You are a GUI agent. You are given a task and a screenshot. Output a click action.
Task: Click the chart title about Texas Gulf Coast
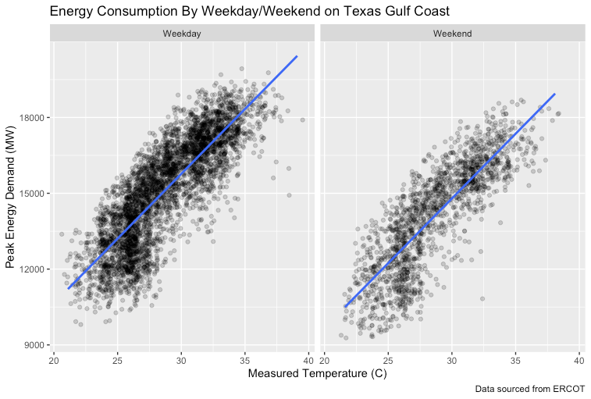(x=250, y=12)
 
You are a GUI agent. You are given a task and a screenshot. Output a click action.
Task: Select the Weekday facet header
(x=182, y=34)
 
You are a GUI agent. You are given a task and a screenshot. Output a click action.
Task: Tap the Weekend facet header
(x=453, y=34)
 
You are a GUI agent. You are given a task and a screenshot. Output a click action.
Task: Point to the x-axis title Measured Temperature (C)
(x=317, y=374)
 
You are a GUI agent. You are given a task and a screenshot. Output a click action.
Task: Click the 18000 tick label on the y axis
(x=31, y=117)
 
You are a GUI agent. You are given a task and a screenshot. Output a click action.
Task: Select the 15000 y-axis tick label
(x=31, y=194)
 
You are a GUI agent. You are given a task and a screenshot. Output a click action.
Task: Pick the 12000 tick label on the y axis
(x=31, y=269)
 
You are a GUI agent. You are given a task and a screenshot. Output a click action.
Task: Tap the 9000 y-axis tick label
(x=34, y=345)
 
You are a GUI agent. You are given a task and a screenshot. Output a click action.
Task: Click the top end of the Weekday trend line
(x=297, y=56)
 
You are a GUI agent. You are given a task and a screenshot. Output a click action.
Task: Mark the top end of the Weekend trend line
(x=555, y=94)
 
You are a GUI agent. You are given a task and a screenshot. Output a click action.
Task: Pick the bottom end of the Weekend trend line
(x=345, y=307)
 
